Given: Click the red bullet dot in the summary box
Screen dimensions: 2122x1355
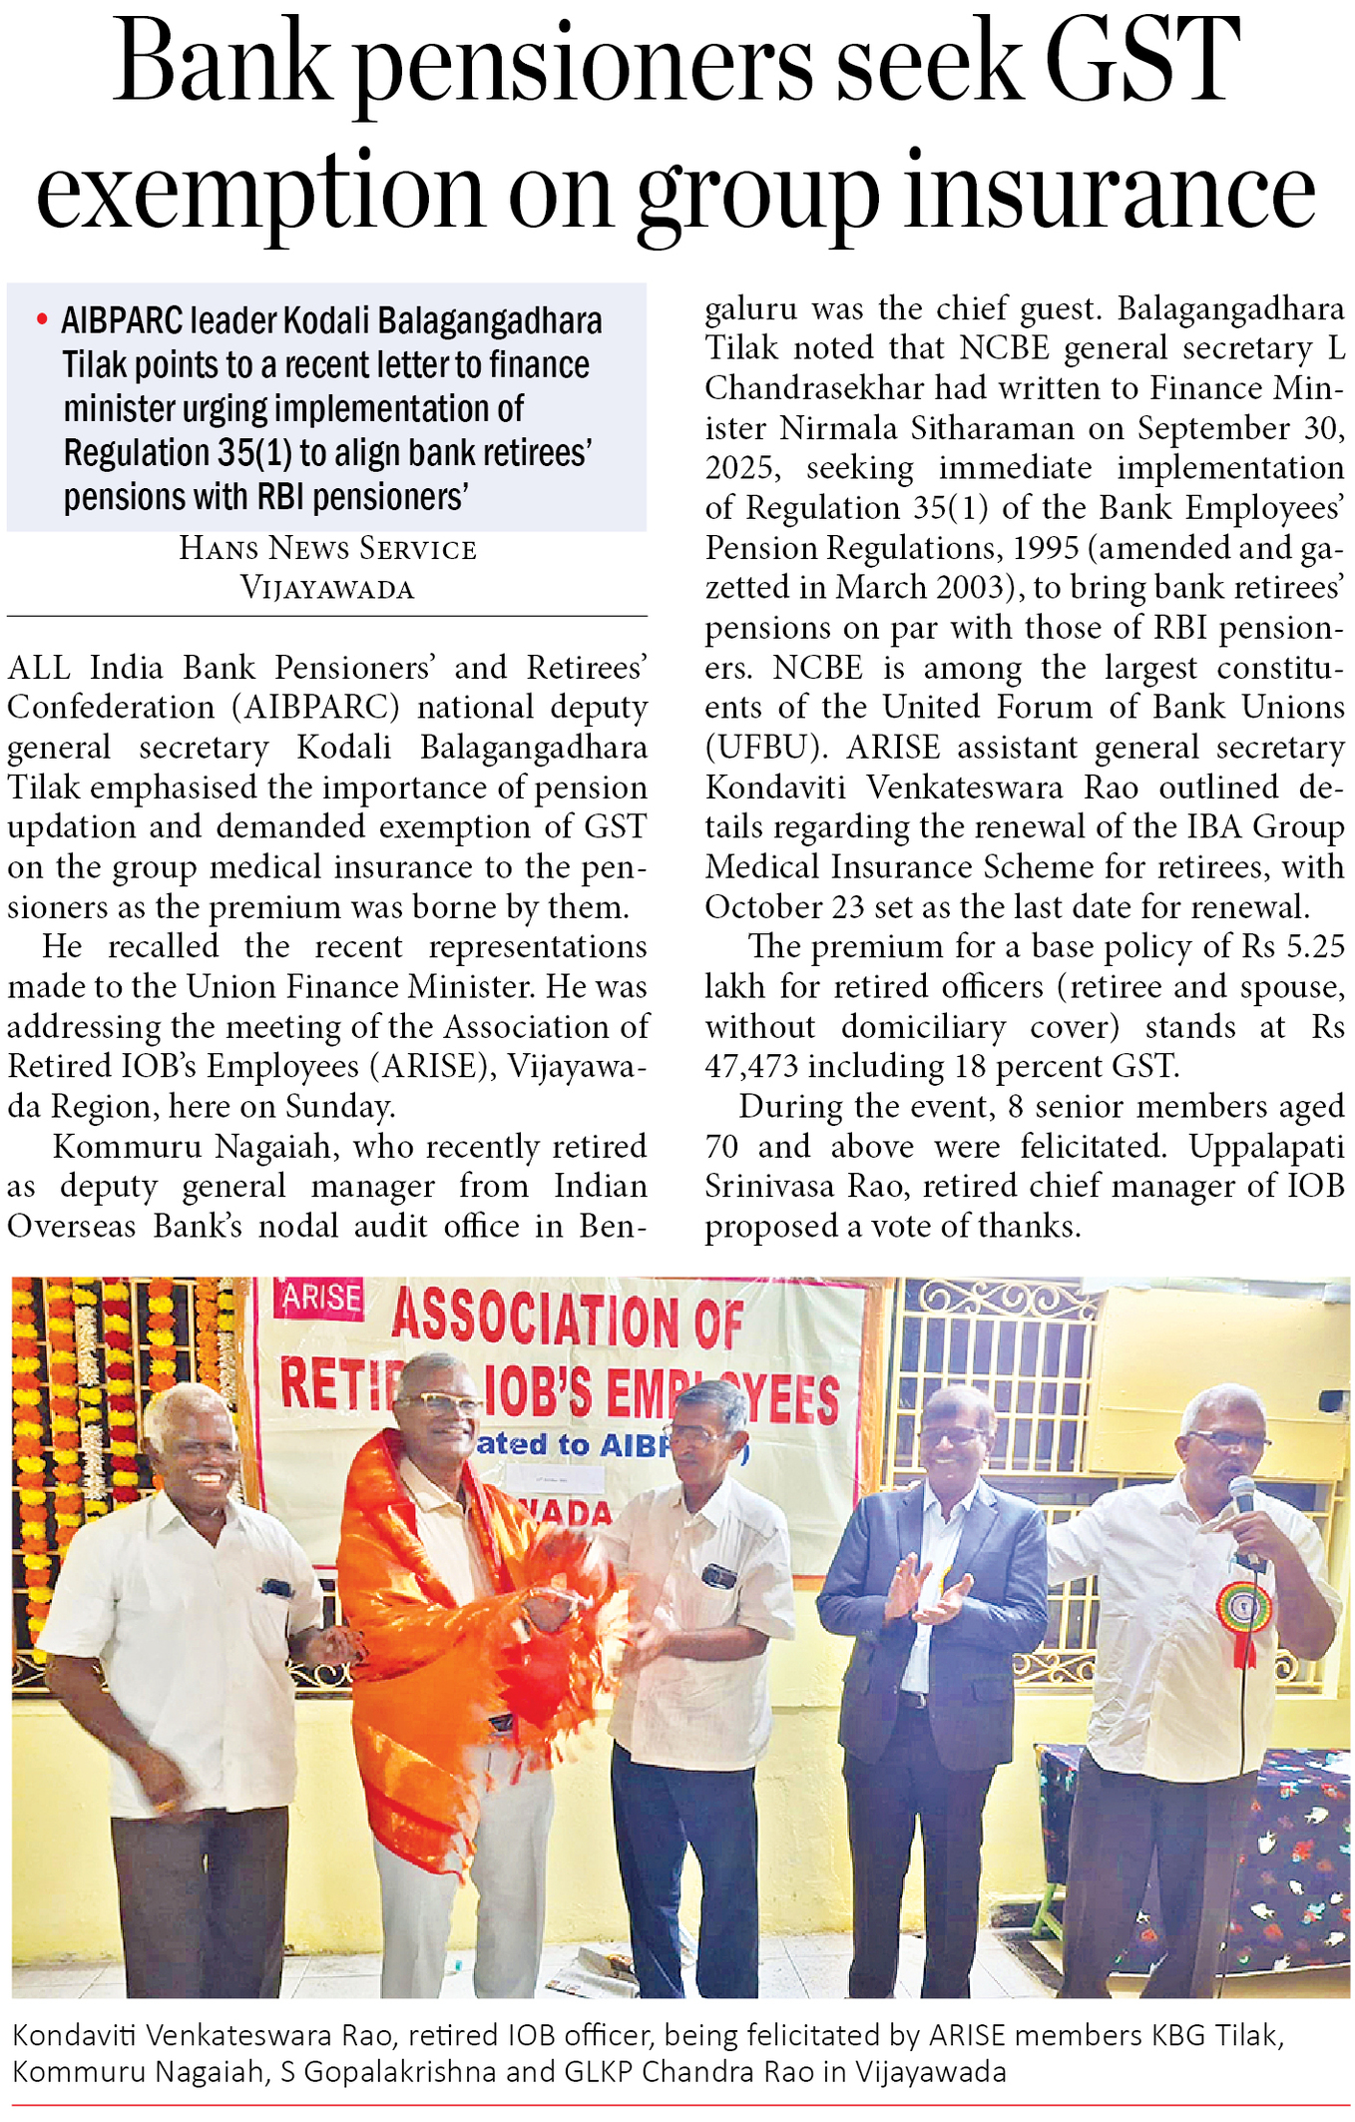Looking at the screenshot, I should (x=42, y=320).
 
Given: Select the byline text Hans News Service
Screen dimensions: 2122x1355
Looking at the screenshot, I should (x=327, y=548).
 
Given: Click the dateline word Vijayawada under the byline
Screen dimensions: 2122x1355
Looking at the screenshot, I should (x=327, y=589).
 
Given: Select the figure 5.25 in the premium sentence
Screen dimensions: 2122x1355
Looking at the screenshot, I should (x=1310, y=946).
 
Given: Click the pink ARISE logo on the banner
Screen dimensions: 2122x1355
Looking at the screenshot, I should (x=318, y=1298).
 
